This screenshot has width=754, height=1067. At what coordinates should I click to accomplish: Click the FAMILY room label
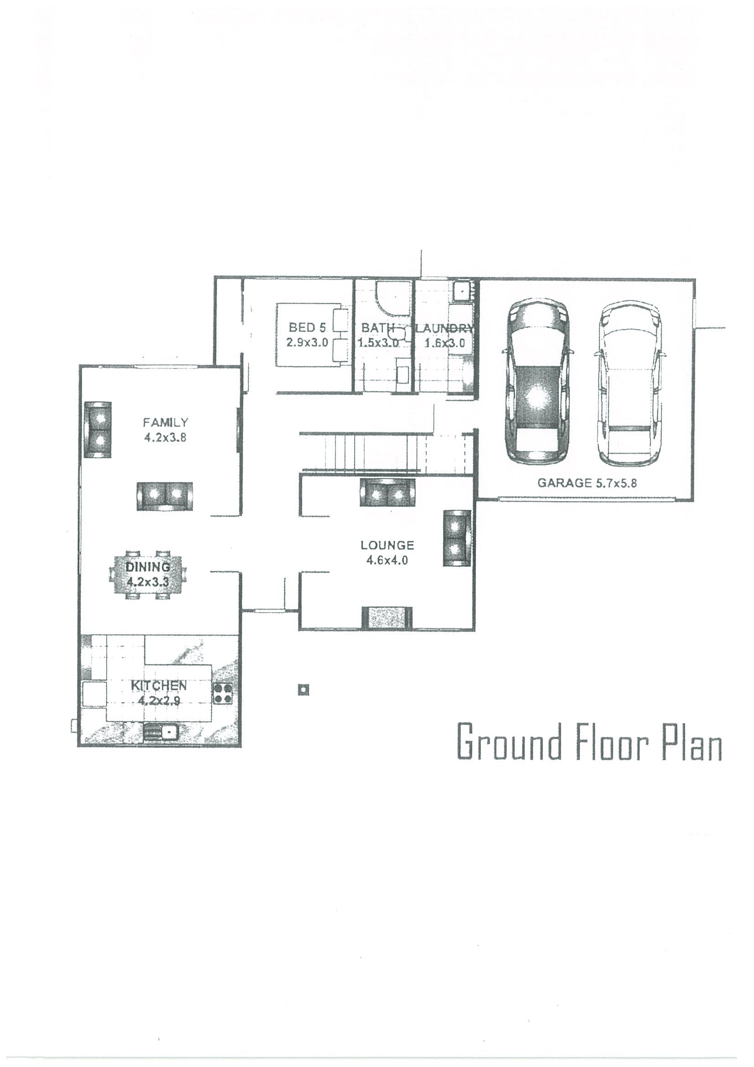click(x=165, y=422)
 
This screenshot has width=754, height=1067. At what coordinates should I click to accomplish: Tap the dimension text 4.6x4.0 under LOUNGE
click(x=387, y=560)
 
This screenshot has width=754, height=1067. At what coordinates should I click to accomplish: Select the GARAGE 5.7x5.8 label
click(x=587, y=483)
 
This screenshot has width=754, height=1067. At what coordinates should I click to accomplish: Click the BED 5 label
click(x=307, y=328)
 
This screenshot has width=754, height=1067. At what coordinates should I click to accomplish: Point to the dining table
click(x=147, y=575)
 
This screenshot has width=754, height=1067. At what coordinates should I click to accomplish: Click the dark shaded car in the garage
click(x=537, y=382)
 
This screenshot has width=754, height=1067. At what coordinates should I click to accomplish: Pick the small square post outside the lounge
click(x=303, y=690)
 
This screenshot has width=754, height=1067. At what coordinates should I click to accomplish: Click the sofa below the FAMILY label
click(x=165, y=496)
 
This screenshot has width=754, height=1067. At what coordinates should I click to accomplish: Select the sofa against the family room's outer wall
click(x=98, y=430)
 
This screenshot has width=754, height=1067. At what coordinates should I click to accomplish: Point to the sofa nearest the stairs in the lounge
click(x=387, y=492)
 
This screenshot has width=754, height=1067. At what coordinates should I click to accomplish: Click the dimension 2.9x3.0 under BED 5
click(x=307, y=342)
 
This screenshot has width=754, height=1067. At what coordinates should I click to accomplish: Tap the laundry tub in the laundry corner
click(x=461, y=290)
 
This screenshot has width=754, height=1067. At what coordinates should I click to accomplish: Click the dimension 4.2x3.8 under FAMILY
click(x=165, y=437)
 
